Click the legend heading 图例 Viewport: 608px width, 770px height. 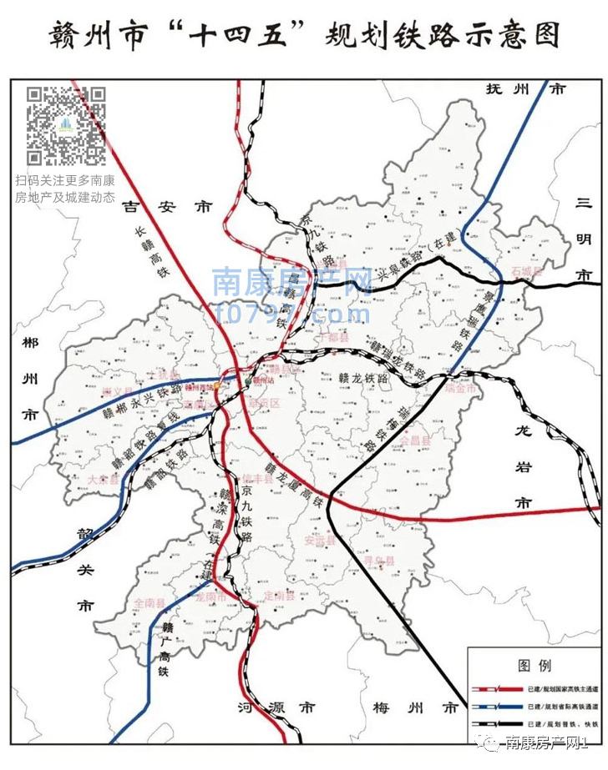(x=534, y=666)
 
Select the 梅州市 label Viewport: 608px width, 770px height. (x=416, y=708)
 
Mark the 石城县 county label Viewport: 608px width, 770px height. (x=527, y=272)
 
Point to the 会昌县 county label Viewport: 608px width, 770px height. (x=415, y=440)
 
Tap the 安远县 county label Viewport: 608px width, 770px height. (x=319, y=541)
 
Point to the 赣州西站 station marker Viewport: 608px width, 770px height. (x=219, y=385)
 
